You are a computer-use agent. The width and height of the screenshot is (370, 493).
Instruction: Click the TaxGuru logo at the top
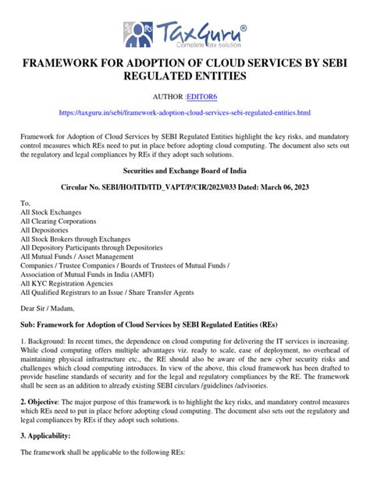(x=184, y=35)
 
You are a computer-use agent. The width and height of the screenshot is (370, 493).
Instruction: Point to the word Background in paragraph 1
(x=49, y=342)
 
